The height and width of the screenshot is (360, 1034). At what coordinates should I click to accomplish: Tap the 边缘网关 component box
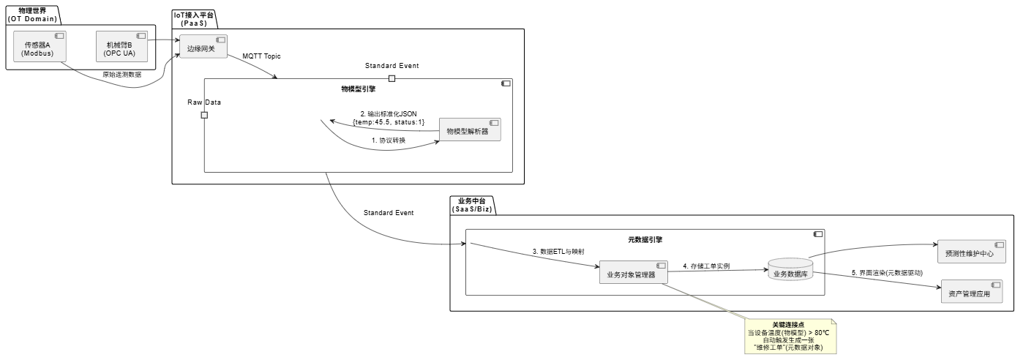coord(202,48)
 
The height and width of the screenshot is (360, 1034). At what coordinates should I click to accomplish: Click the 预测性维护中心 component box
coord(971,252)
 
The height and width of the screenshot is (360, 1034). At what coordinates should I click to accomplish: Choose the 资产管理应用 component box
coord(971,292)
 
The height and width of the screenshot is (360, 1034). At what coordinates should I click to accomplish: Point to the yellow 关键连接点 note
coord(791,336)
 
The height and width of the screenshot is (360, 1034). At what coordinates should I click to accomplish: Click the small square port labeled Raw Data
coord(204,115)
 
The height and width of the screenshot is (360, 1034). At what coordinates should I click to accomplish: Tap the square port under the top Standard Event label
coord(392,78)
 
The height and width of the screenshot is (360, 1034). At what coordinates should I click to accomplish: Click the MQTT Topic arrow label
coord(261,56)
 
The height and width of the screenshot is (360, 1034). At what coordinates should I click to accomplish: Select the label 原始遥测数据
coord(122,74)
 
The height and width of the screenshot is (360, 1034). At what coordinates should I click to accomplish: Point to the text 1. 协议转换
coord(388,140)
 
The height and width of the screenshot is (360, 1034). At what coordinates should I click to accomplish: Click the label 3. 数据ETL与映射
coord(558,251)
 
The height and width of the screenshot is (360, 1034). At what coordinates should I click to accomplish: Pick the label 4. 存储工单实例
coord(706,266)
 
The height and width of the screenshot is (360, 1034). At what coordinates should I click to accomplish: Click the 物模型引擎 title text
coord(358,89)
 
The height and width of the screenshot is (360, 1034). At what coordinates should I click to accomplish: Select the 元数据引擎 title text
coord(645,239)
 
